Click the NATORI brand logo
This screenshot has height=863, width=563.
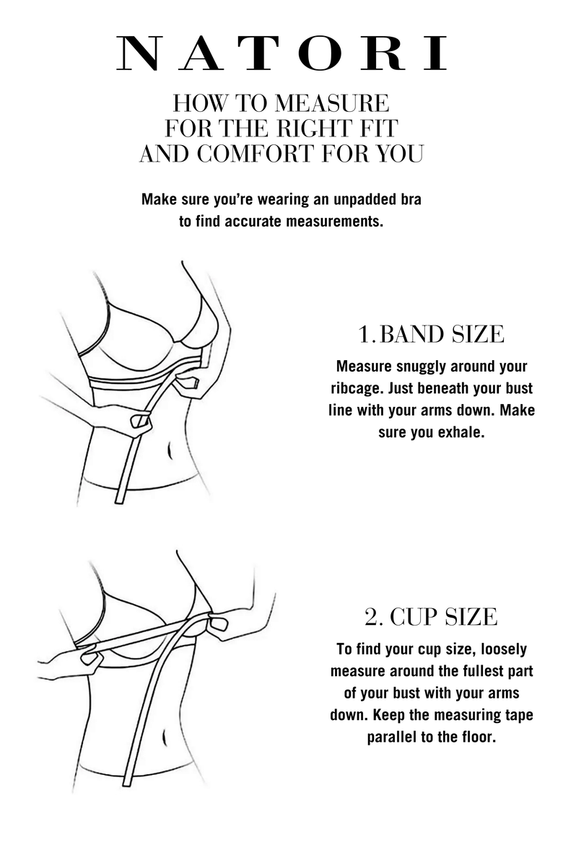281,53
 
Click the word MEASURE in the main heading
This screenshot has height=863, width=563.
332,103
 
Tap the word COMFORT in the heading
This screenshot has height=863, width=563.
256,154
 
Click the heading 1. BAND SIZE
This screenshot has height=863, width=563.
431,334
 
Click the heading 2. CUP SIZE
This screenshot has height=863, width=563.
431,616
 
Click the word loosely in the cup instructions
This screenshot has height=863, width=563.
504,649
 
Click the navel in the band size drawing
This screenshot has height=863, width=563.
170,450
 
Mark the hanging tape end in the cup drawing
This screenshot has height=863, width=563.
128,781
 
